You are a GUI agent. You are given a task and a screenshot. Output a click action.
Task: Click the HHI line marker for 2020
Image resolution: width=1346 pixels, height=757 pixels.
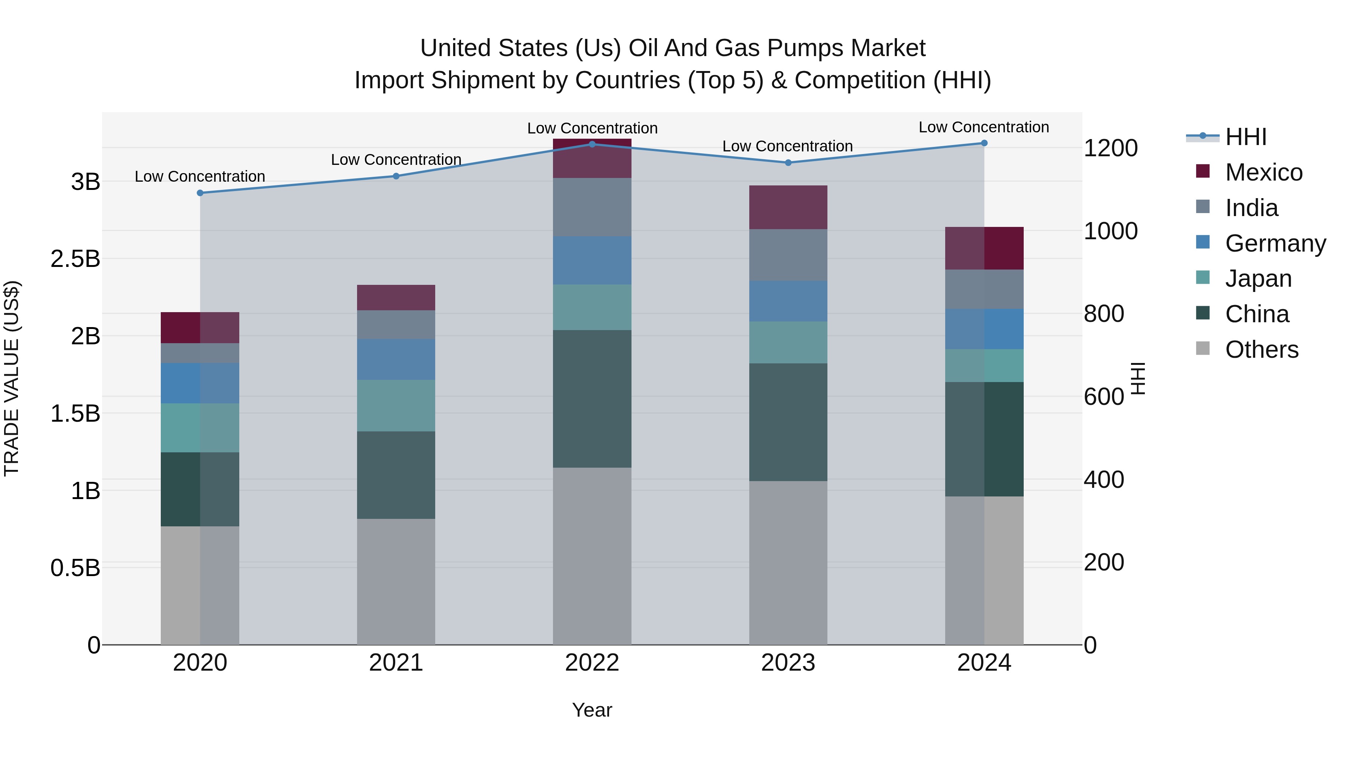coord(200,193)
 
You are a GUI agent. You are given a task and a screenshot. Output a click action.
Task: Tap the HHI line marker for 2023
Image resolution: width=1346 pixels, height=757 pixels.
coord(788,163)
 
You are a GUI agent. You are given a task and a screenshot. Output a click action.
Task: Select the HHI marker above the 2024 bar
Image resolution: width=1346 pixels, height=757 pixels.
coord(984,143)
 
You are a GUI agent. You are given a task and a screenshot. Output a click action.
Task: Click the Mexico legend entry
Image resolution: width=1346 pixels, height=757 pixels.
coord(1263,172)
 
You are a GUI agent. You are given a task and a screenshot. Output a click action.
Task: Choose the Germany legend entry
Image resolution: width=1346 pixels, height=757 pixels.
coord(1275,243)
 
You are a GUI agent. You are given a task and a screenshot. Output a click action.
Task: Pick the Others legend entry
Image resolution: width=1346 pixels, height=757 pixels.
coord(1262,350)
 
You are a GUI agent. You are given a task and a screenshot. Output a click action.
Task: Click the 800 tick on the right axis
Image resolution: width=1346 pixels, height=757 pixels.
coord(1104,314)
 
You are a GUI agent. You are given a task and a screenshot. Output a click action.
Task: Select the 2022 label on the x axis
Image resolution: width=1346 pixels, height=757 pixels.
coord(592,663)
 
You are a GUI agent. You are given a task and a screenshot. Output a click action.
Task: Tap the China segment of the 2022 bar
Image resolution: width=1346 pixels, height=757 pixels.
coord(592,398)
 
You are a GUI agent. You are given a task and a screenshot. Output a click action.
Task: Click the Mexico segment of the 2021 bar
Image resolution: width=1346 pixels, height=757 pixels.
coord(396,298)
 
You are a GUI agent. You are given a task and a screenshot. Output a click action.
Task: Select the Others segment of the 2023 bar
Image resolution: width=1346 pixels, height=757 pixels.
coord(788,563)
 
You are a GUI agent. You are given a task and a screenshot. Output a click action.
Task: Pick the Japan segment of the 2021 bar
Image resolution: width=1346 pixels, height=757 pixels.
coord(396,405)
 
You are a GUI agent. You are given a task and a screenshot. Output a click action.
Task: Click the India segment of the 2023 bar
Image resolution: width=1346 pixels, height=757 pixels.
coord(788,255)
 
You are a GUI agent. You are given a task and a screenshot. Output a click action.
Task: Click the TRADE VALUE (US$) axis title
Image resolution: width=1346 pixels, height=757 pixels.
coord(12,378)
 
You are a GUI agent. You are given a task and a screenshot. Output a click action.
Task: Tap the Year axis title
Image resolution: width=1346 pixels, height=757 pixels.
coord(592,710)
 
